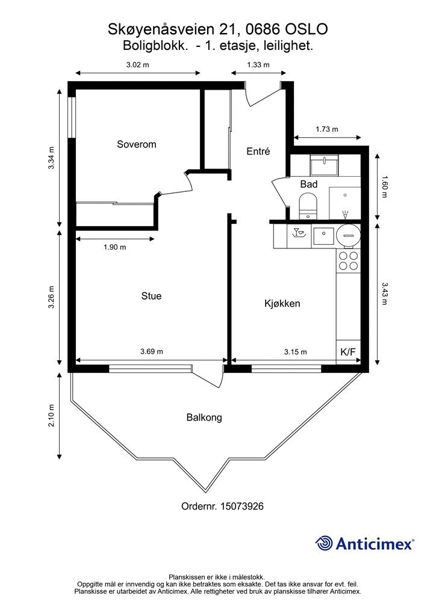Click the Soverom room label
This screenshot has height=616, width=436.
(137, 144)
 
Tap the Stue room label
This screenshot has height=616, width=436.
(151, 296)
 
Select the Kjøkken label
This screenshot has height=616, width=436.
(282, 303)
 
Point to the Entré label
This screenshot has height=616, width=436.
(258, 151)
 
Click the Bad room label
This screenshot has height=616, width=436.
(309, 184)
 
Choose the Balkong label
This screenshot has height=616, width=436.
(204, 417)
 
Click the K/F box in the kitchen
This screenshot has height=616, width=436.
(348, 352)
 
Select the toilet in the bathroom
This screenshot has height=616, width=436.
(308, 206)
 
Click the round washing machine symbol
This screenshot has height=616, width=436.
(348, 235)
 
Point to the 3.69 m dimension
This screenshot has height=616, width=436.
(152, 351)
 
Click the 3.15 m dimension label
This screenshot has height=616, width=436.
(296, 352)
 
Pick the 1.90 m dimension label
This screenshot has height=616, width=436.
(115, 247)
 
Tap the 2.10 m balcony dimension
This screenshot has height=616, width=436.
(52, 416)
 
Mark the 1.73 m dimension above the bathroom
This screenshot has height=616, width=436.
(327, 129)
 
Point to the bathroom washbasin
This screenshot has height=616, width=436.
(324, 165)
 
